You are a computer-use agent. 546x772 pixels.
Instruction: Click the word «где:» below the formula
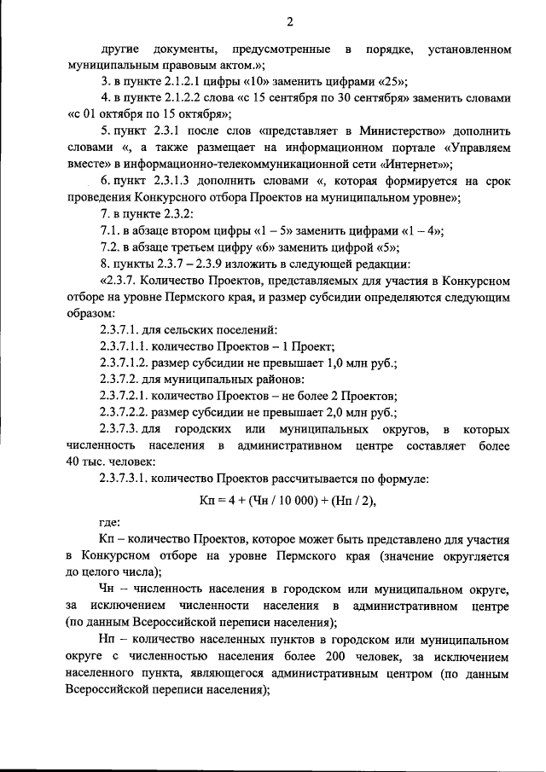pyautogui.click(x=110, y=522)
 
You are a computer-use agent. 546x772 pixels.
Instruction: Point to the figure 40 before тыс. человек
pyautogui.click(x=74, y=461)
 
